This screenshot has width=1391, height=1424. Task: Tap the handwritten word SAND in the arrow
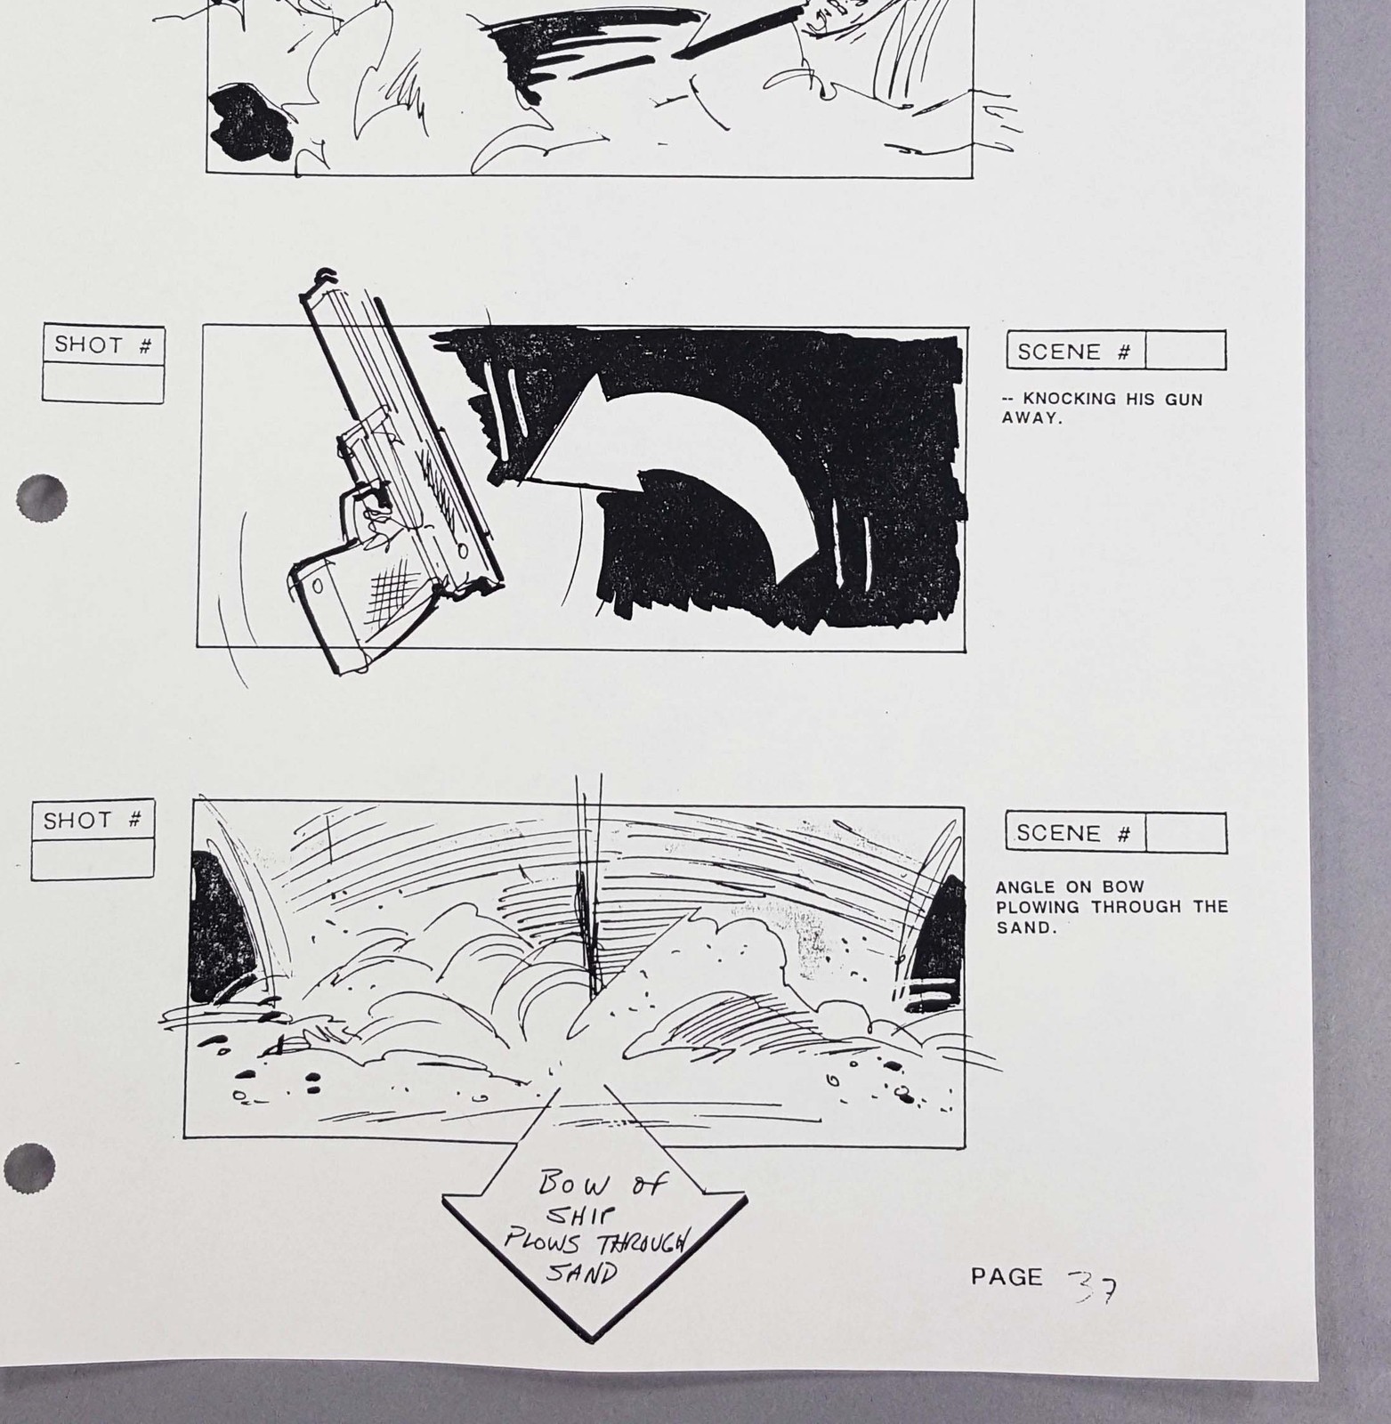pos(583,1274)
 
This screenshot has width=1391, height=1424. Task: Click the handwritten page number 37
pos(1094,1283)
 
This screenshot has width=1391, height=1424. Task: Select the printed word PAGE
pos(1006,1277)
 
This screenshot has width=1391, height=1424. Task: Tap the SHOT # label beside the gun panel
pos(102,345)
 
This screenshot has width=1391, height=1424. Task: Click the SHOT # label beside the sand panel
pos(92,821)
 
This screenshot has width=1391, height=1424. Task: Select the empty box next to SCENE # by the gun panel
pos(1185,350)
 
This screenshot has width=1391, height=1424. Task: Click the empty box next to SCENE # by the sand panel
pos(1186,833)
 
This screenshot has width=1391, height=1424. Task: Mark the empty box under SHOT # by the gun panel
pos(103,384)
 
